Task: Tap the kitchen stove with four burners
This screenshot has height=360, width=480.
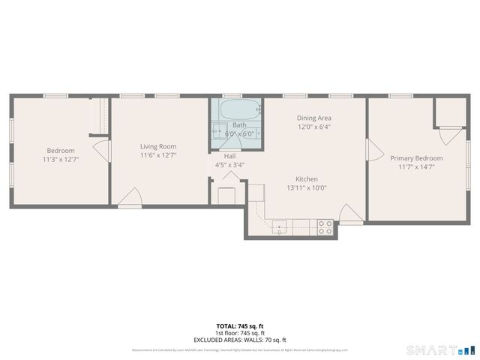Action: [x=325, y=227]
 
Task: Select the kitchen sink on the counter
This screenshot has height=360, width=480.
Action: [x=279, y=226]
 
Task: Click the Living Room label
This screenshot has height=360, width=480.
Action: [x=158, y=146]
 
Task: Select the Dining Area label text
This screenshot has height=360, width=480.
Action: [x=314, y=118]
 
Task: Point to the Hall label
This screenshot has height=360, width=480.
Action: [x=229, y=156]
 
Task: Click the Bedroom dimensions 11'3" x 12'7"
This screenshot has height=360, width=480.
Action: [x=61, y=159]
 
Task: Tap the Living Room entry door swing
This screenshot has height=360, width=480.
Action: [x=128, y=199]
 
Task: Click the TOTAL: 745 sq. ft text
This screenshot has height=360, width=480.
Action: [x=239, y=325]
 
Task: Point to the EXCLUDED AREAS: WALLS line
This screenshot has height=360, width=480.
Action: [x=239, y=340]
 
